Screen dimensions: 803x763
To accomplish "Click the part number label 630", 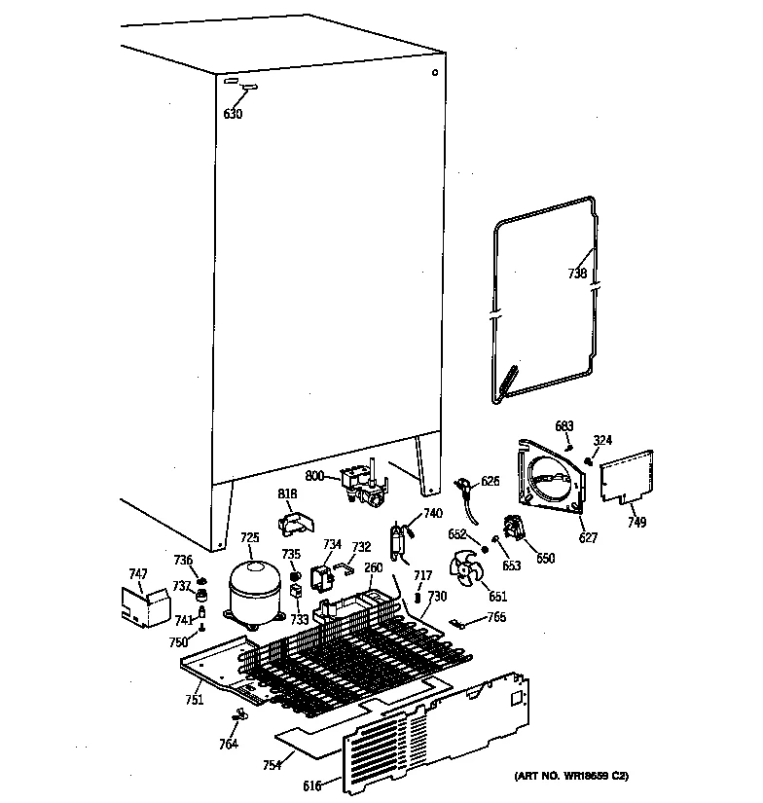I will pyautogui.click(x=233, y=114).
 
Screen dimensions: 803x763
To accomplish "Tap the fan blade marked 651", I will pyautogui.click(x=464, y=570).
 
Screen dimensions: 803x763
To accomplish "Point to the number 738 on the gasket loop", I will pyautogui.click(x=577, y=274).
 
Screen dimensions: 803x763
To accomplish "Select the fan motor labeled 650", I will pyautogui.click(x=514, y=530).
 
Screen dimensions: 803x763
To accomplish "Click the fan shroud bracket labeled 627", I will pyautogui.click(x=553, y=477).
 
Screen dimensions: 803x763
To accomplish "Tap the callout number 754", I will pyautogui.click(x=272, y=765).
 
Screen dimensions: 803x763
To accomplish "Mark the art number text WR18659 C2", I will pyautogui.click(x=571, y=776).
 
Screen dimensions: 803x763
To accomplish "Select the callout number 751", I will pyautogui.click(x=194, y=700).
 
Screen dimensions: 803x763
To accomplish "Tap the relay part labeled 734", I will pyautogui.click(x=320, y=578).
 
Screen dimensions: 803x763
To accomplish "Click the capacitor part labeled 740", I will pyautogui.click(x=399, y=541).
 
